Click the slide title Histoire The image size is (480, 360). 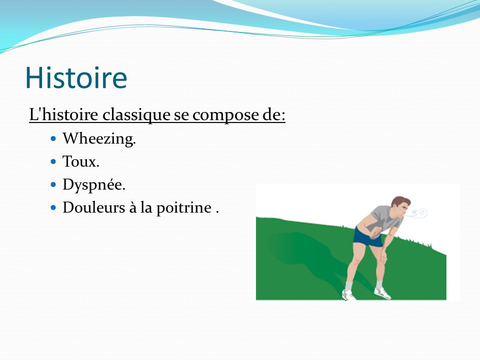[76, 78]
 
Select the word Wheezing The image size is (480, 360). [99, 139]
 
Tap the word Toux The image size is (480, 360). [81, 161]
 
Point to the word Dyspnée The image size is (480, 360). [94, 185]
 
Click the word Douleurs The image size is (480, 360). [94, 207]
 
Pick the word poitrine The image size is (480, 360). [184, 208]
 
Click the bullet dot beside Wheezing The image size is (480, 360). [53, 138]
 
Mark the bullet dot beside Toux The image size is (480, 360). [53, 161]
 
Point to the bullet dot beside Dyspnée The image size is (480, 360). [53, 185]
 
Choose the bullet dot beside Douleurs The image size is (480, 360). [53, 208]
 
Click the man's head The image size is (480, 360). [400, 206]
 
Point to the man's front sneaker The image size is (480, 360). [382, 293]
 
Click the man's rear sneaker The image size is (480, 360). [348, 295]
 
